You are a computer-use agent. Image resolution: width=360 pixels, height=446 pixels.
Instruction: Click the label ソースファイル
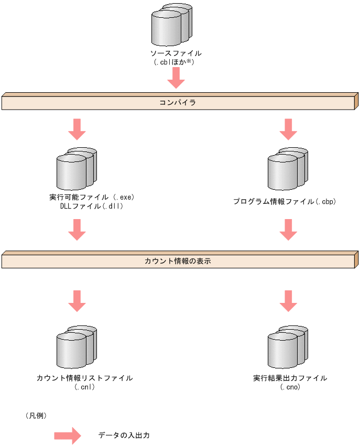click(x=176, y=53)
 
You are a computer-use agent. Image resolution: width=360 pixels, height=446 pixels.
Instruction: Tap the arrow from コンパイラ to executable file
click(x=77, y=129)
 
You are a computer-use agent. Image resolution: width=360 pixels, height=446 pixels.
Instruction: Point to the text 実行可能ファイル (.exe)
click(x=92, y=198)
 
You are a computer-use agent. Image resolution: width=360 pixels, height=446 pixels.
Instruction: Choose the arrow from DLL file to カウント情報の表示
click(x=77, y=230)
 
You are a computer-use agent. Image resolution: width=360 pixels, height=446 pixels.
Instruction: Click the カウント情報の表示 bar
click(x=178, y=260)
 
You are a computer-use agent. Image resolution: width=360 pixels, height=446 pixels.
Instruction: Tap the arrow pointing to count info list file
click(x=77, y=301)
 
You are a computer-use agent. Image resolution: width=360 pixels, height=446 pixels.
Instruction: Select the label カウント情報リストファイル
click(x=84, y=378)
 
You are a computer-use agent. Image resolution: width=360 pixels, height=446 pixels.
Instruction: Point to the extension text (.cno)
click(x=290, y=387)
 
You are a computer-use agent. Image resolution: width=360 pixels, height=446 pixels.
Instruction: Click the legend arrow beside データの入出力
click(x=68, y=436)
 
